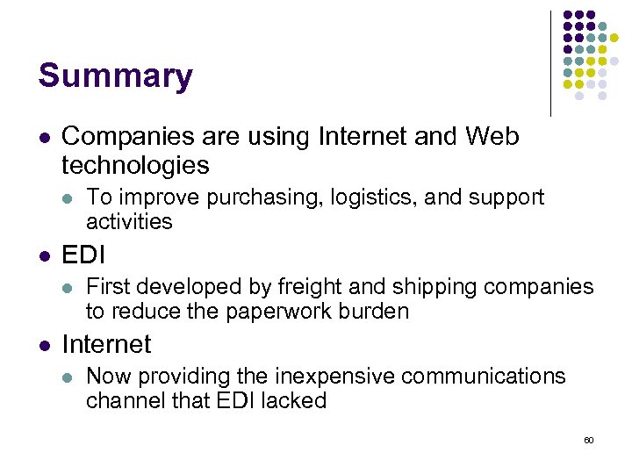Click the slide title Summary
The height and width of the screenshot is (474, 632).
pyautogui.click(x=115, y=76)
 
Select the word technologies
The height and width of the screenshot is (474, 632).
pyautogui.click(x=136, y=165)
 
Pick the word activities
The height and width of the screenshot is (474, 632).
pyautogui.click(x=129, y=221)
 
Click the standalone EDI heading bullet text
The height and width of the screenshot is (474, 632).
pyautogui.click(x=83, y=255)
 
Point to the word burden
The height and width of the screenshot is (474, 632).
pyautogui.click(x=377, y=311)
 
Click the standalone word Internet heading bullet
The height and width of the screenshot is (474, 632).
pyautogui.click(x=106, y=344)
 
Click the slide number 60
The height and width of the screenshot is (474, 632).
pyautogui.click(x=588, y=439)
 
